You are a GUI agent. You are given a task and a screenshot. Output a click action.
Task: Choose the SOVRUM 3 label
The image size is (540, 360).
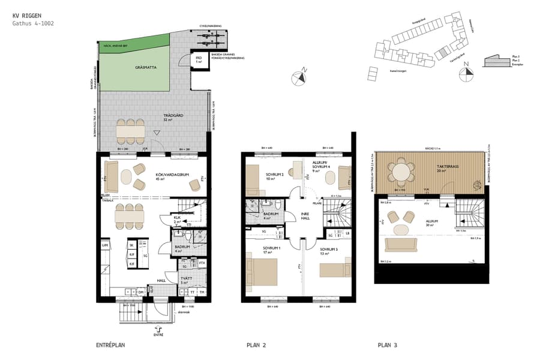click(x=329, y=249)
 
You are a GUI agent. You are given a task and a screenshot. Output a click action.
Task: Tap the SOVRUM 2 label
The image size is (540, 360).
click(x=274, y=175)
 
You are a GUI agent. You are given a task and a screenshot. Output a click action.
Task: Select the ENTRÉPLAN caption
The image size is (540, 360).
click(x=110, y=345)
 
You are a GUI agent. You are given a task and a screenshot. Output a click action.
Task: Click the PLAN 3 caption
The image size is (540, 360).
click(x=387, y=345)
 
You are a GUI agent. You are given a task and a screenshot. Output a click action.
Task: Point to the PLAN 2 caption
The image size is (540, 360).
click(x=256, y=345)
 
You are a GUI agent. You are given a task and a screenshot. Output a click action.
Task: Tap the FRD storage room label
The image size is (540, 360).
click(x=199, y=59)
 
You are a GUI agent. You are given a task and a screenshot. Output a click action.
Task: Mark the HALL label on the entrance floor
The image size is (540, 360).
click(x=161, y=280)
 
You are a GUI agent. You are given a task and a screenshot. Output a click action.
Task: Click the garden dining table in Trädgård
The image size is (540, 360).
click(x=131, y=129)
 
